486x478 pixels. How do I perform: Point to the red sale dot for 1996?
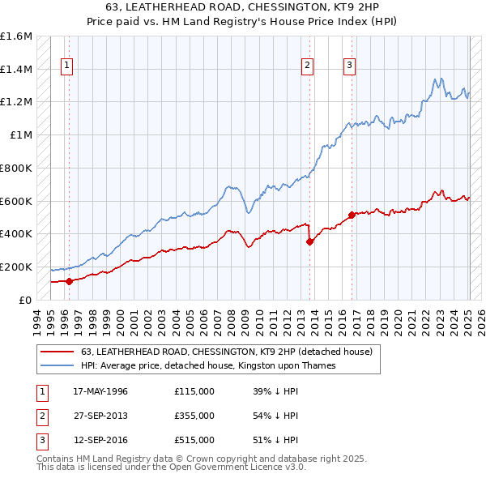70,281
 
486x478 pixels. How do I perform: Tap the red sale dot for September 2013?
309,241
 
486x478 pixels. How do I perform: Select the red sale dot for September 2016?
352,215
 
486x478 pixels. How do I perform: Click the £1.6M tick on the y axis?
16,36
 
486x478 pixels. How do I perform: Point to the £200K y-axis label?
16,267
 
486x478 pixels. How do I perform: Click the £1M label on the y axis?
22,135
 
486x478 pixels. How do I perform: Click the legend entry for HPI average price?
207,366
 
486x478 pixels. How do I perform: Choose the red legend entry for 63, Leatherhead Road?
226,352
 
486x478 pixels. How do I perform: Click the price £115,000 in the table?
194,391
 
